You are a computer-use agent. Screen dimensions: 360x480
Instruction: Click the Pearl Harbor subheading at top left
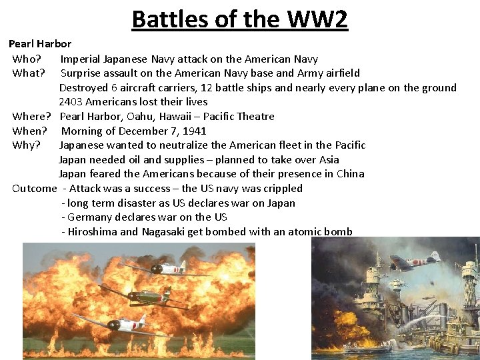point(40,44)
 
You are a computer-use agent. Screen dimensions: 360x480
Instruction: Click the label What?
point(29,73)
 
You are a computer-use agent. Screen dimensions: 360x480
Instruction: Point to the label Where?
point(32,116)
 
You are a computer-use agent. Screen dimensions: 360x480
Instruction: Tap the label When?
point(31,131)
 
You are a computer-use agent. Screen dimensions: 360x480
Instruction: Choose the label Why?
point(27,145)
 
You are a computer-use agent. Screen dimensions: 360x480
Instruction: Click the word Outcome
point(34,188)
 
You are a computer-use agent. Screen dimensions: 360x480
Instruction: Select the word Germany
point(91,217)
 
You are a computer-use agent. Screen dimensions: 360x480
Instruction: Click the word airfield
point(340,73)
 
